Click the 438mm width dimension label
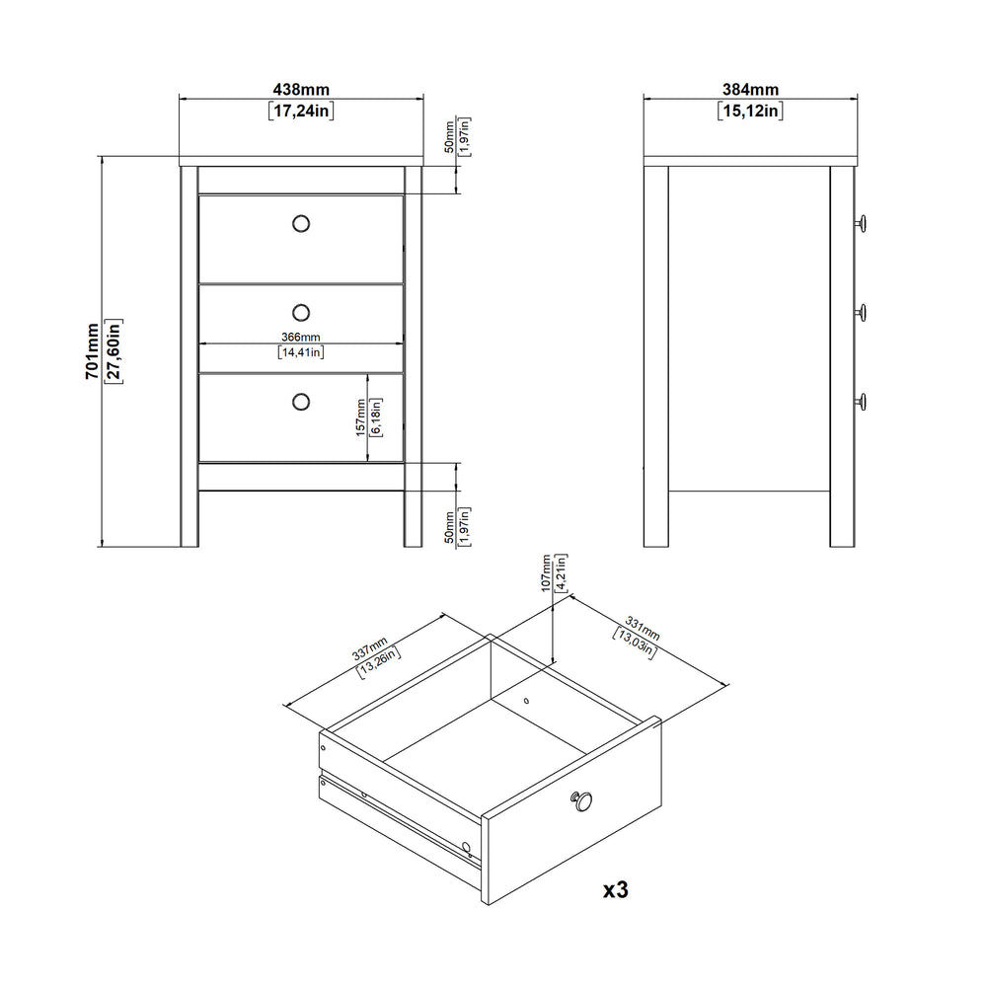301,90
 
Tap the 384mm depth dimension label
750,90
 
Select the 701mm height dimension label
92,351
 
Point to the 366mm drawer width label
301,338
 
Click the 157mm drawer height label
360,418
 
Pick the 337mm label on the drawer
370,648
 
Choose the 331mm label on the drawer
643,628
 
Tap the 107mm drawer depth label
546,572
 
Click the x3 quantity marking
616,889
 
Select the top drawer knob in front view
301,223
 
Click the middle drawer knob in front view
301,312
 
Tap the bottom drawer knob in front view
301,402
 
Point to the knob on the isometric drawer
582,801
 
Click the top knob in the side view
861,223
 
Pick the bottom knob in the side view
861,401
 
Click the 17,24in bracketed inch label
301,111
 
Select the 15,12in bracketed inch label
750,111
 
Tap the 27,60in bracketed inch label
114,351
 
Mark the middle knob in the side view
861,312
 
